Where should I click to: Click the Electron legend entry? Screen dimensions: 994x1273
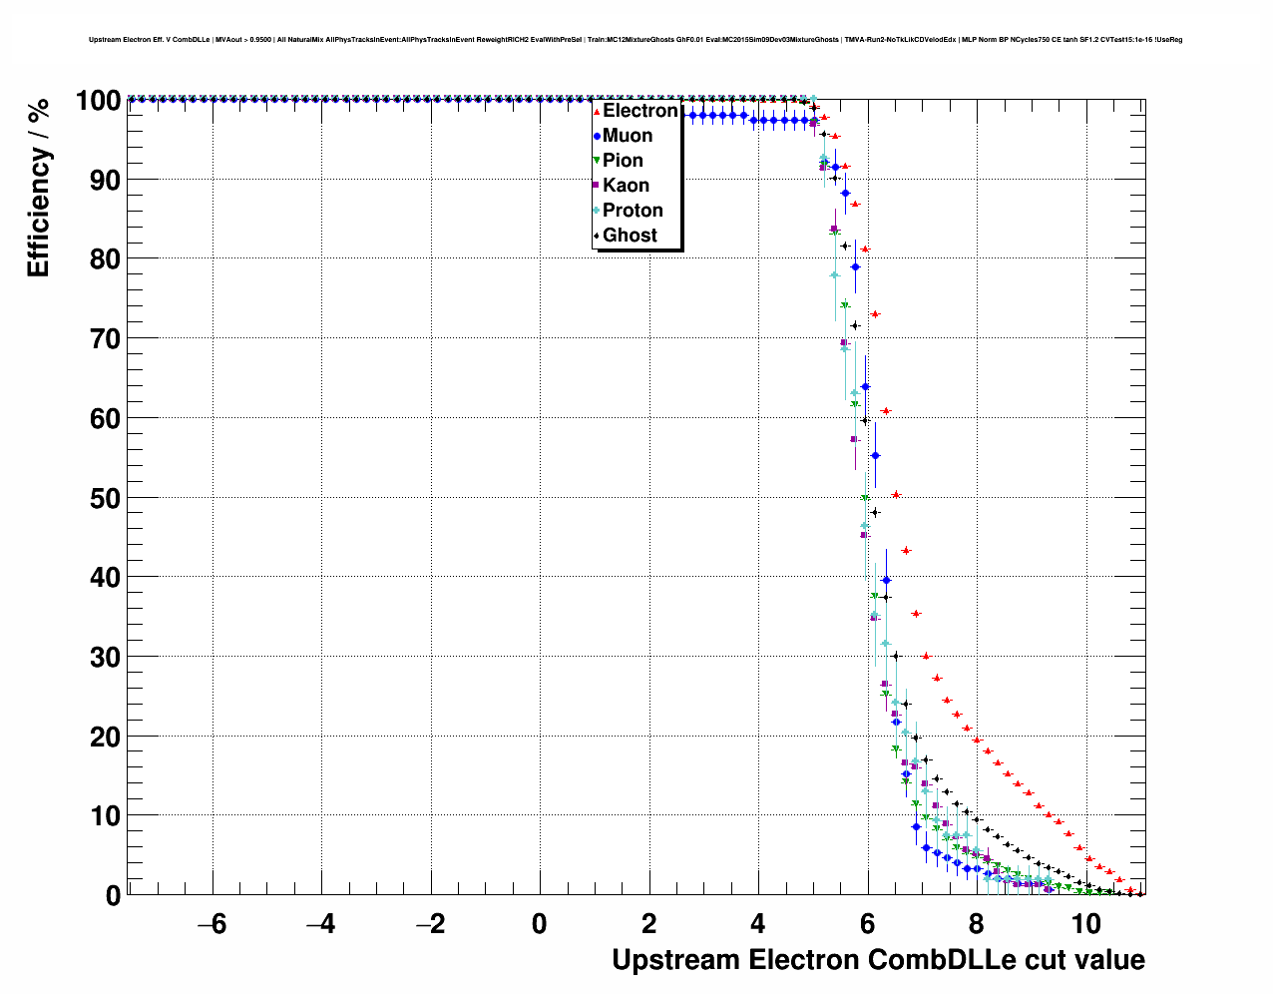[639, 111]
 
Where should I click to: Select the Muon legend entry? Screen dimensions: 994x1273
[628, 136]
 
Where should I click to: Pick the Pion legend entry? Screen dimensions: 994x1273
[623, 161]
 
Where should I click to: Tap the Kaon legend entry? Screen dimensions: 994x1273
[626, 186]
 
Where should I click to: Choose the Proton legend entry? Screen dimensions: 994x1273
[633, 211]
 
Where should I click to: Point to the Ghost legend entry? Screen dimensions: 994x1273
[630, 236]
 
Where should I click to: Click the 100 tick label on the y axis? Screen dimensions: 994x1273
[98, 101]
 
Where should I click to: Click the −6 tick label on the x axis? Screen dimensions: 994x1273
[212, 924]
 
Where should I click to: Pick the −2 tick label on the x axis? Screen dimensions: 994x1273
[430, 924]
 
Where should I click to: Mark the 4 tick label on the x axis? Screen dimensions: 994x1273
[758, 924]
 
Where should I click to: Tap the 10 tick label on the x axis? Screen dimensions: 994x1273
[1086, 924]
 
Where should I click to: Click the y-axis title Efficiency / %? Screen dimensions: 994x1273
[38, 187]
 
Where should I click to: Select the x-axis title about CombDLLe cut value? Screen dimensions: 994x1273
[878, 960]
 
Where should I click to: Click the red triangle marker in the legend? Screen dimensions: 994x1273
[597, 111]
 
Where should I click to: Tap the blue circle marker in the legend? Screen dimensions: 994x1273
[597, 136]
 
